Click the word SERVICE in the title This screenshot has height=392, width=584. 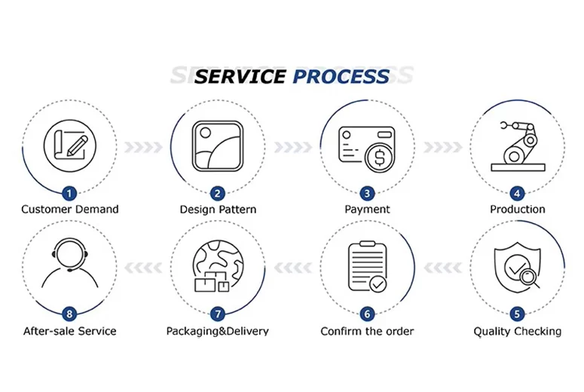click(240, 76)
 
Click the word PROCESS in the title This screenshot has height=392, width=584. click(341, 76)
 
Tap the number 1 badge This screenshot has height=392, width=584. click(69, 192)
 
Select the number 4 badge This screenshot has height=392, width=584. click(518, 192)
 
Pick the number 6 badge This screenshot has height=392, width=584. click(367, 314)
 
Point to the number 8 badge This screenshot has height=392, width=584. click(69, 314)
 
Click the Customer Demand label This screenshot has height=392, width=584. click(69, 210)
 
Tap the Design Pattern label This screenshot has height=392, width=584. click(218, 210)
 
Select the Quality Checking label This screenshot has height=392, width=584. click(517, 331)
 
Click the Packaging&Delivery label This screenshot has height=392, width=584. click(217, 331)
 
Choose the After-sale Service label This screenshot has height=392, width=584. click(69, 331)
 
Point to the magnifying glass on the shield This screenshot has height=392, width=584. click(530, 277)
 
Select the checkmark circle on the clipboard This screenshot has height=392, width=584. click(378, 283)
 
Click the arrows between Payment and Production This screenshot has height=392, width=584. click(443, 146)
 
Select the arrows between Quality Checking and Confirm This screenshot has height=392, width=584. click(442, 268)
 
